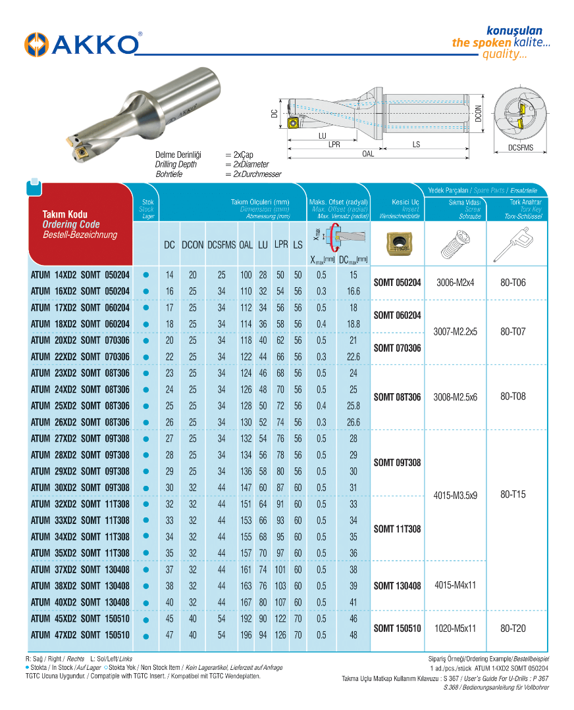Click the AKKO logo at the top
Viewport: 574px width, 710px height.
[82, 44]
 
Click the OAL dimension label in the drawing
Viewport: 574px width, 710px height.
[368, 154]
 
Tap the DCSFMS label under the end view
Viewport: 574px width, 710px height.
[521, 148]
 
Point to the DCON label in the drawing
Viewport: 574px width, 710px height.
[479, 113]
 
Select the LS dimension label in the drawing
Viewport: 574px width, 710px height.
[417, 144]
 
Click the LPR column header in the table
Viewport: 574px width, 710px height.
[281, 245]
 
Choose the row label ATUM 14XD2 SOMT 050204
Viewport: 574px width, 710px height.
[80, 275]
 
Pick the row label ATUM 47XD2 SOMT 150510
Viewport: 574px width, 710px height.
[80, 635]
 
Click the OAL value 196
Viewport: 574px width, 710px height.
[246, 635]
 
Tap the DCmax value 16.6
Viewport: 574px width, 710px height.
[353, 291]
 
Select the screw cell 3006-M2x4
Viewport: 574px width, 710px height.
[456, 283]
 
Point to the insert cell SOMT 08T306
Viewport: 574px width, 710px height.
[397, 397]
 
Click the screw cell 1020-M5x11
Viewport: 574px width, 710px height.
[456, 628]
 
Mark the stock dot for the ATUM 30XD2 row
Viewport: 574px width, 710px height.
[147, 488]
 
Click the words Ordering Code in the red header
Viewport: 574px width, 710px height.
[71, 225]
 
